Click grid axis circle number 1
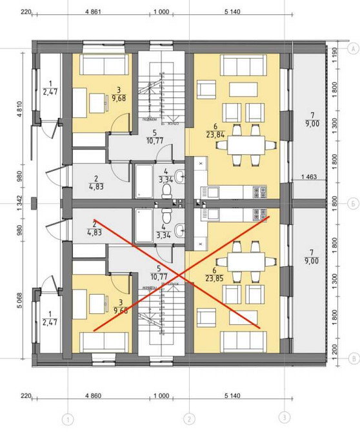click(x=68, y=418)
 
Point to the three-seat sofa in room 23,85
click(x=242, y=340)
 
